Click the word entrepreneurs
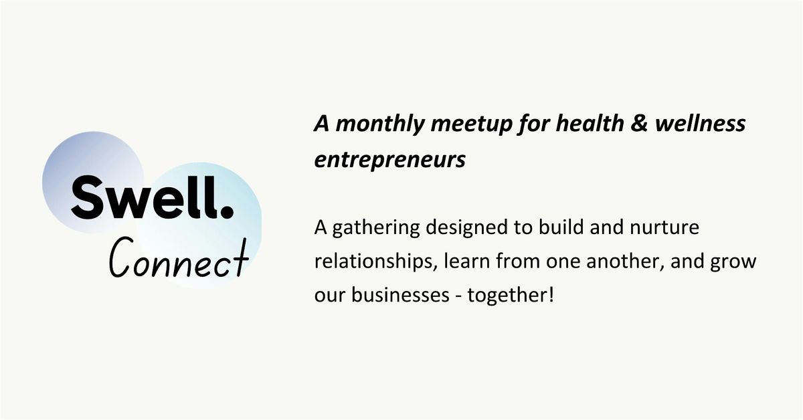click(390, 161)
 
